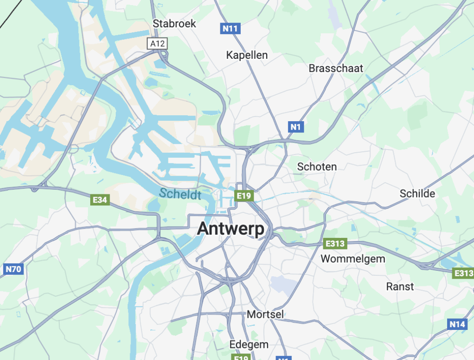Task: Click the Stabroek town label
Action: click(175, 24)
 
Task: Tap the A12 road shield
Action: click(157, 43)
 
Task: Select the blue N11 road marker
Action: click(230, 29)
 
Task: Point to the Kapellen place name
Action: click(247, 55)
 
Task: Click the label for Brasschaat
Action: click(336, 68)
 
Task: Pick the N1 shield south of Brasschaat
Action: click(296, 126)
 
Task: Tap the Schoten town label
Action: click(317, 167)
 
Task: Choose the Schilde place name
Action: click(418, 193)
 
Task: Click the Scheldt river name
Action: click(180, 194)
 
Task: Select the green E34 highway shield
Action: click(100, 200)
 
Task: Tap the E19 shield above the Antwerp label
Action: click(243, 196)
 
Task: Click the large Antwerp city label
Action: click(231, 229)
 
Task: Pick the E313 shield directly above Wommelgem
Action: click(336, 244)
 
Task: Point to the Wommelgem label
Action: click(353, 259)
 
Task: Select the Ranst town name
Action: click(400, 286)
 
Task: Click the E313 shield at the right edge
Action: click(463, 273)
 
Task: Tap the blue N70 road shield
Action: click(13, 269)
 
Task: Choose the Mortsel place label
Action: click(265, 315)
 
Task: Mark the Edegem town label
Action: click(249, 345)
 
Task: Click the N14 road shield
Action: click(457, 324)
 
